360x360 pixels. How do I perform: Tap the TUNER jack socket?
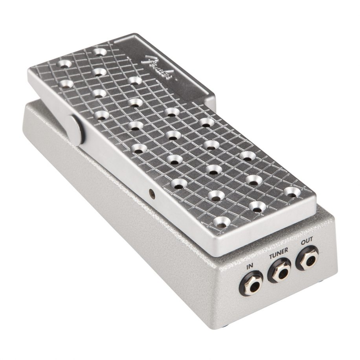point(279,272)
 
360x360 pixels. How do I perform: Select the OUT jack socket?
point(307,259)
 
